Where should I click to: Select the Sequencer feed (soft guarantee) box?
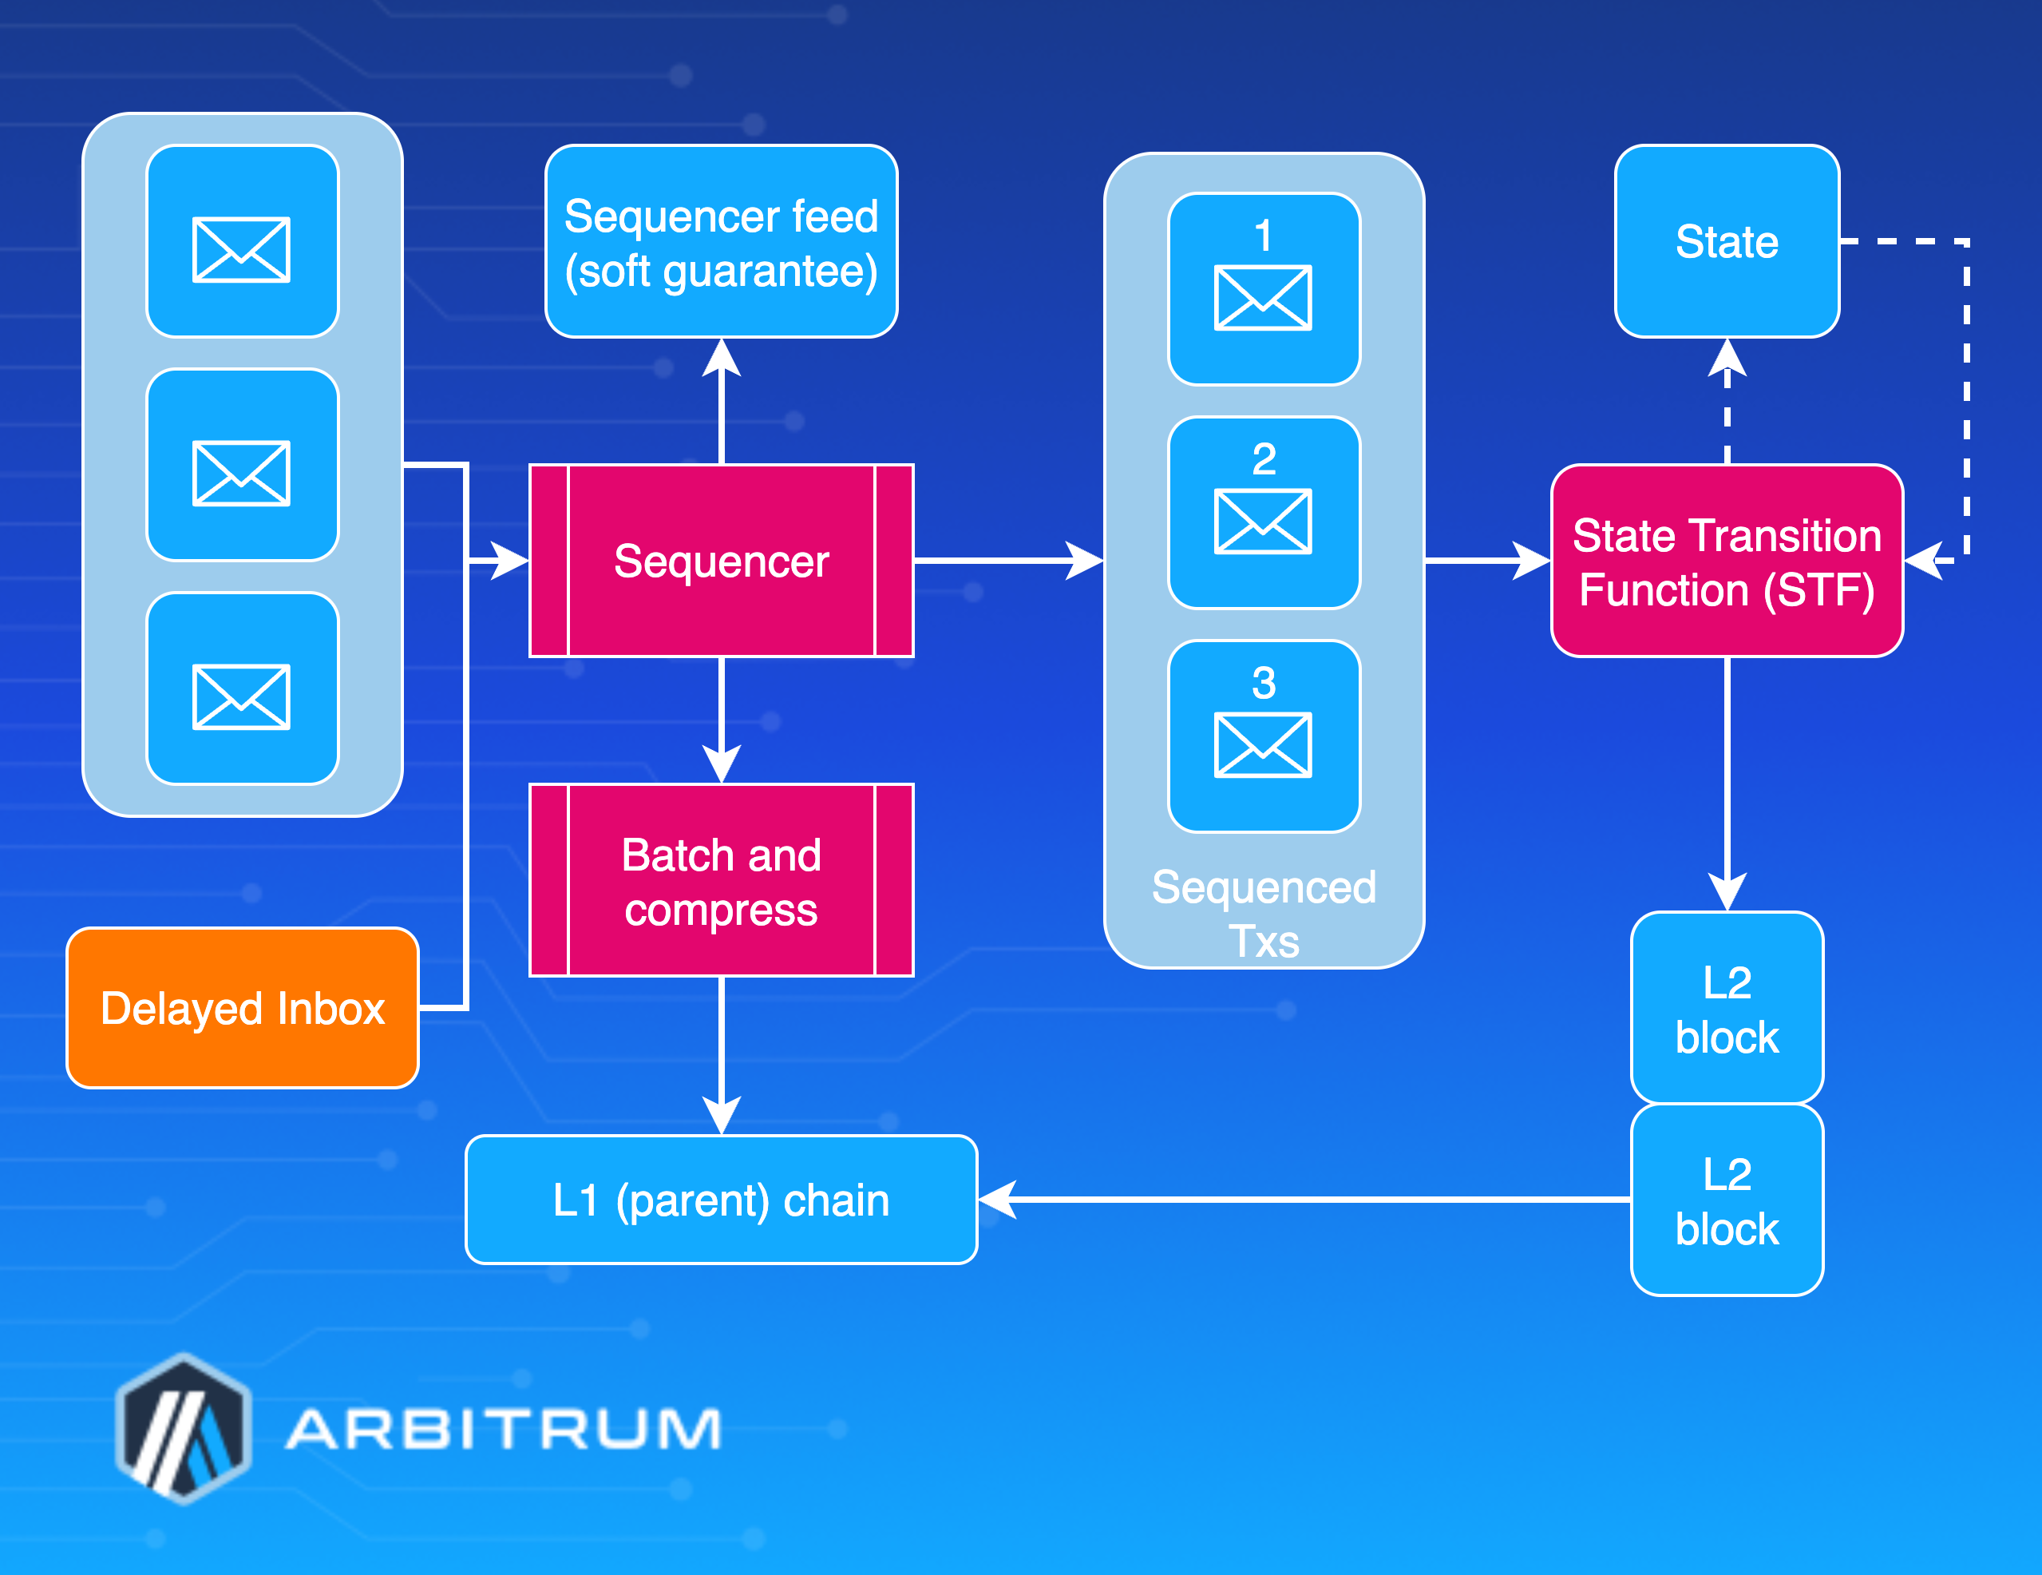721,241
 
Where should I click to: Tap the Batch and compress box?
721,880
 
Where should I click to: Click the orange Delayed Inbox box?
242,1007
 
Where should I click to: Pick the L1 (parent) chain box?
721,1199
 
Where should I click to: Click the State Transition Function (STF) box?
1726,561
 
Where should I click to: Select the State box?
1726,241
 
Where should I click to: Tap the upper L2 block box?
1726,1007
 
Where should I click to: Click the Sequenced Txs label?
1263,912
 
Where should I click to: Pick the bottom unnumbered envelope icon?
241,696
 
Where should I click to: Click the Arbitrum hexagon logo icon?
184,1428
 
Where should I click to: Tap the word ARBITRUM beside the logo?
503,1429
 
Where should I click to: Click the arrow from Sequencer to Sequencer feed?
721,403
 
